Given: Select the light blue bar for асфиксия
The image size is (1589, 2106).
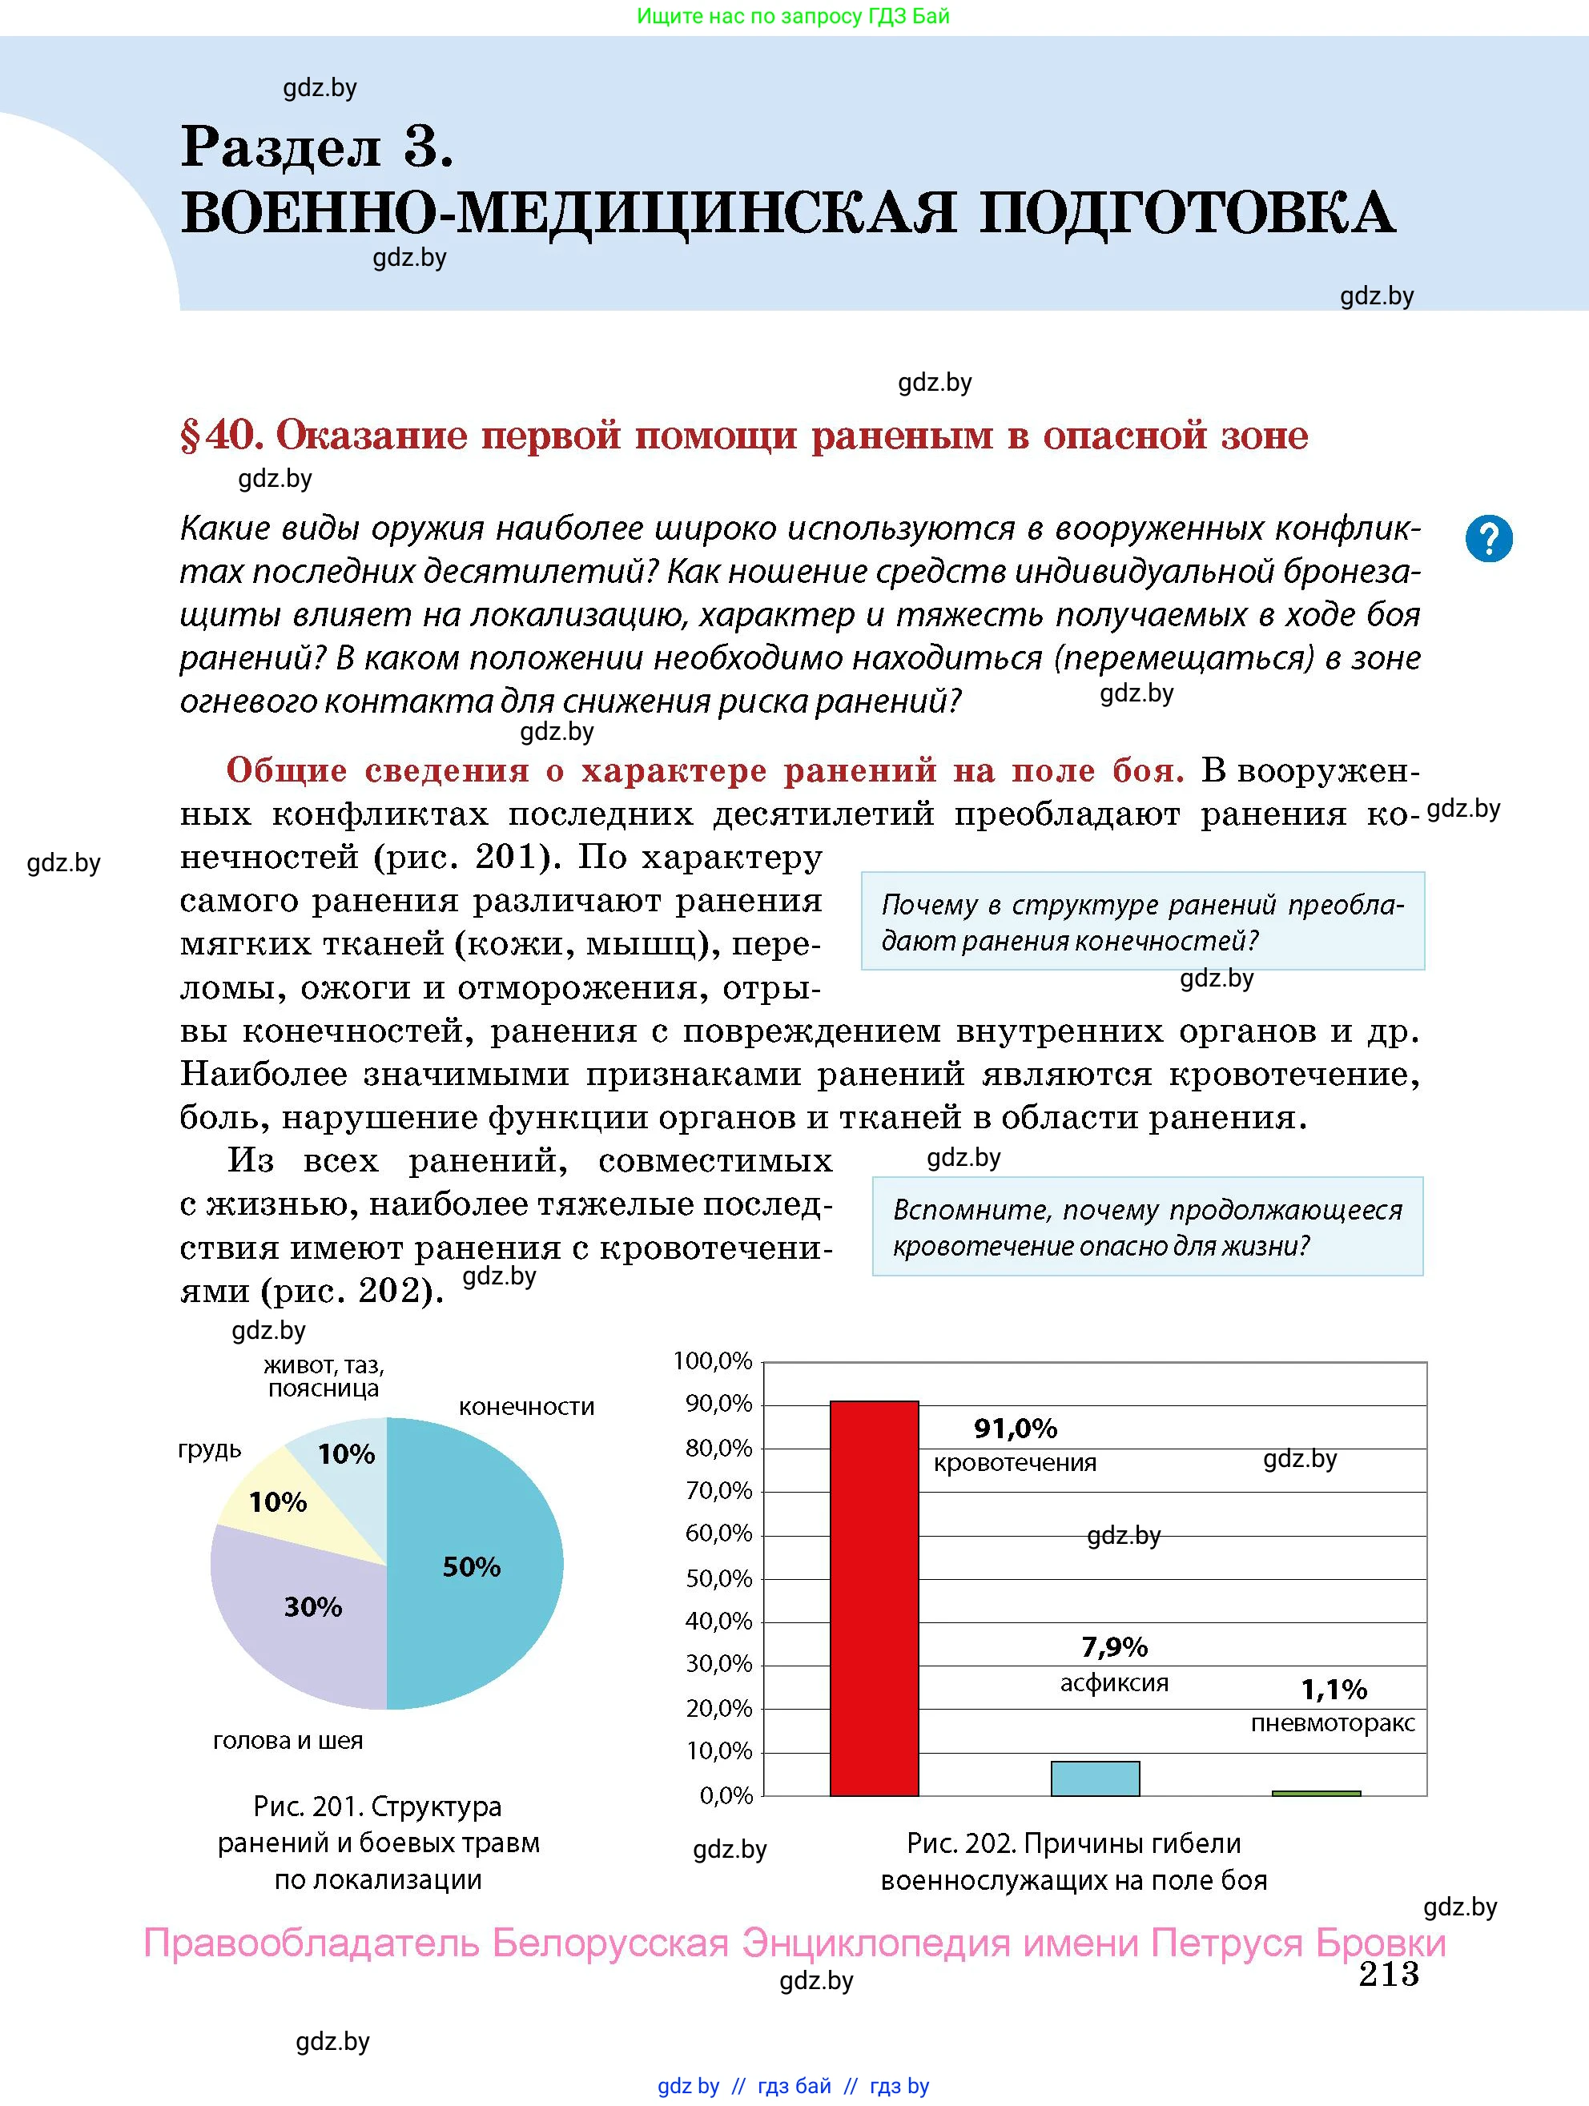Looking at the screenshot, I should (x=1095, y=1778).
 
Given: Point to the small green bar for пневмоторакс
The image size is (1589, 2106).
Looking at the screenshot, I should (x=1316, y=1793).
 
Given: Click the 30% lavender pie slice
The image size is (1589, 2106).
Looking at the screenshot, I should (x=304, y=1609).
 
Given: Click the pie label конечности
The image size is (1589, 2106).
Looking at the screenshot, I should (x=526, y=1407).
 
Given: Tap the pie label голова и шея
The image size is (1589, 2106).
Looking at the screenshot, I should (x=288, y=1740).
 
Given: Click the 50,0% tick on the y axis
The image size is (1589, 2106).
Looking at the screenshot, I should (x=718, y=1578).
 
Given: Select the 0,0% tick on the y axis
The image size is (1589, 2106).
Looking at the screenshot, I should (x=726, y=1795).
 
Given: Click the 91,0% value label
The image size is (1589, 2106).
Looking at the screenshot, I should (x=1015, y=1428).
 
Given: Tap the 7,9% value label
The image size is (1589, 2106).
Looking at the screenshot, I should (x=1114, y=1646).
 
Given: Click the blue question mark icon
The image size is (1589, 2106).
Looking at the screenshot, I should (x=1489, y=539).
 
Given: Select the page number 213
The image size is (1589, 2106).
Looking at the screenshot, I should (x=1388, y=1974).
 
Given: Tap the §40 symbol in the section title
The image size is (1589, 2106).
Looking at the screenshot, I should (x=219, y=436).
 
